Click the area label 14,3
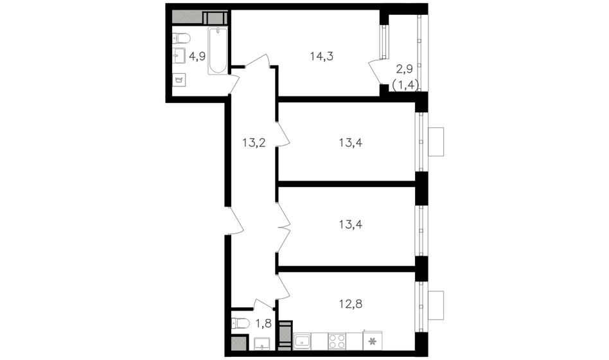point(322,57)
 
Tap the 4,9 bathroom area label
point(197,57)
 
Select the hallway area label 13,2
point(254,143)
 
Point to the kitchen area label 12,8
point(350,303)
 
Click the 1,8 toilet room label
point(263,323)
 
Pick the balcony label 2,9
point(404,69)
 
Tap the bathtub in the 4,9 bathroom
point(218,51)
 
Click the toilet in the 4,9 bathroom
point(181,39)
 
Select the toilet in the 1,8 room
point(240,323)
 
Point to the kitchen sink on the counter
point(302,341)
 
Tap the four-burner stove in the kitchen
point(337,341)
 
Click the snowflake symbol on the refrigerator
point(373,342)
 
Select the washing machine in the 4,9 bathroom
point(179,80)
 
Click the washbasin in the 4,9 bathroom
point(179,55)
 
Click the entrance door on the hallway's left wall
point(235,221)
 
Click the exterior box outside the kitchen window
point(436,305)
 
